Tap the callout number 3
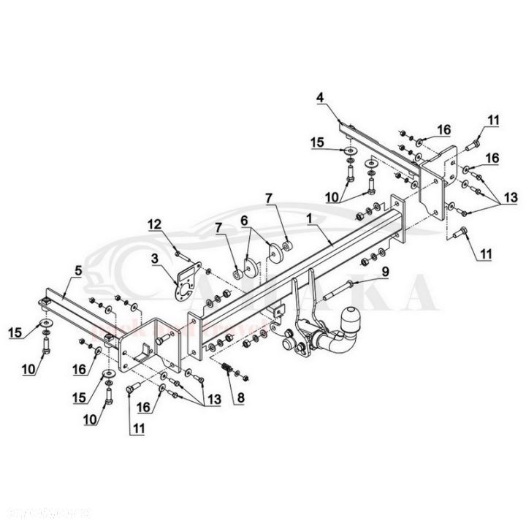[x=155, y=258]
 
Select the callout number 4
[x=319, y=96]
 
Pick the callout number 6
[x=244, y=219]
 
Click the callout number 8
[x=236, y=399]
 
